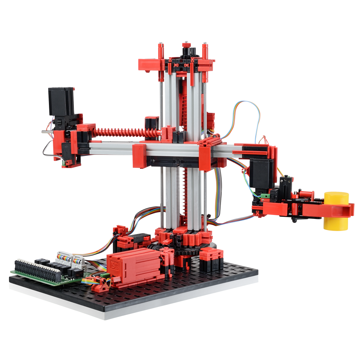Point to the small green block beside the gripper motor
click(x=265, y=196)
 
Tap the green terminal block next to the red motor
click(x=104, y=277)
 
